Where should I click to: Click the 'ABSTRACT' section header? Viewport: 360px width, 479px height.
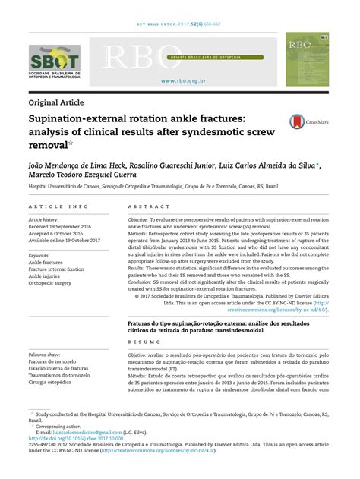[x=148, y=206]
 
